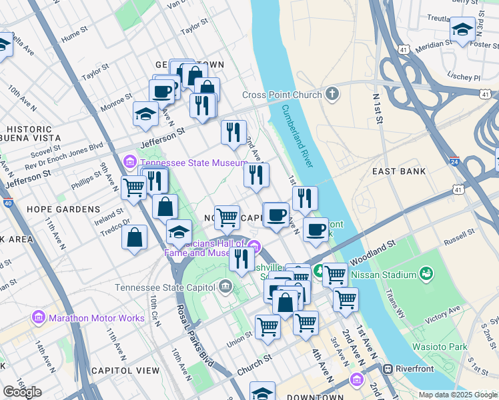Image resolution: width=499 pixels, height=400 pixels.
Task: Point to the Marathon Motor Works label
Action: point(96,318)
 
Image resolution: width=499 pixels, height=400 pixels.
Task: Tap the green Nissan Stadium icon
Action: point(426,274)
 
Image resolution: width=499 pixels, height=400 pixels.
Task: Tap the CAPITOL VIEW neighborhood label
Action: point(125,371)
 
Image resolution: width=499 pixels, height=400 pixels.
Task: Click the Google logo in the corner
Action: point(22,392)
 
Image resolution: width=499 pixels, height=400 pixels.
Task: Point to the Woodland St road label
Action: point(377,250)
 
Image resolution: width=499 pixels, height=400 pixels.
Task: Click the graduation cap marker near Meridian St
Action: point(462,30)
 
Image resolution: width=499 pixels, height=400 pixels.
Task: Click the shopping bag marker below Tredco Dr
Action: point(135,237)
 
